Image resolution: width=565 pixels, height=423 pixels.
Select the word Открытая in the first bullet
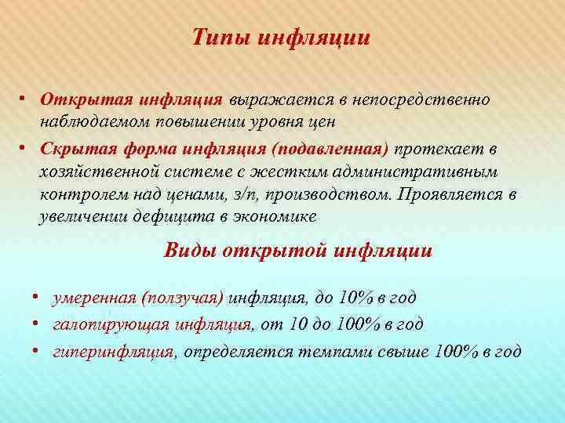coord(86,100)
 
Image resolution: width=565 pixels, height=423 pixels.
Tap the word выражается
coord(271,100)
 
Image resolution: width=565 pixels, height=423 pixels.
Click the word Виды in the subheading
coord(189,251)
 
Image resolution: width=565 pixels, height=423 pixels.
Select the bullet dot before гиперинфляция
coord(37,351)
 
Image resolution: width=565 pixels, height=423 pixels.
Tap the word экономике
coord(282,219)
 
